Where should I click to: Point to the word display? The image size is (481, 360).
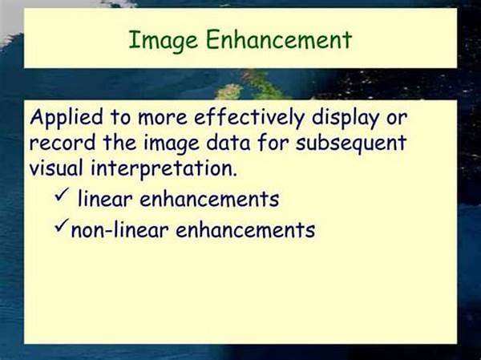coord(349,118)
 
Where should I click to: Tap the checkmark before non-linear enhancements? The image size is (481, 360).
coord(61,227)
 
